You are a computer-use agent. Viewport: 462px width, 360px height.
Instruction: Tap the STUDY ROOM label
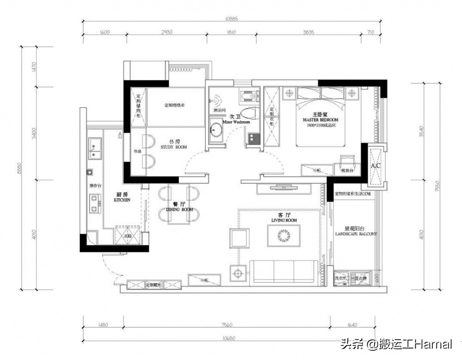coord(174,147)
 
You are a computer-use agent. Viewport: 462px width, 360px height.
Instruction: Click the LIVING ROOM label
coord(284,220)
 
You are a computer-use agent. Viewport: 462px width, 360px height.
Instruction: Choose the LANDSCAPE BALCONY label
coord(355,234)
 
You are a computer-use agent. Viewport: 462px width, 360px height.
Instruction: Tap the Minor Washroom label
coord(236,122)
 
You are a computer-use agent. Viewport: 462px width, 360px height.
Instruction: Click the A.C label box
coord(375,165)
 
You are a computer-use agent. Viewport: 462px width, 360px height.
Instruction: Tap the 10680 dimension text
coord(229,338)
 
